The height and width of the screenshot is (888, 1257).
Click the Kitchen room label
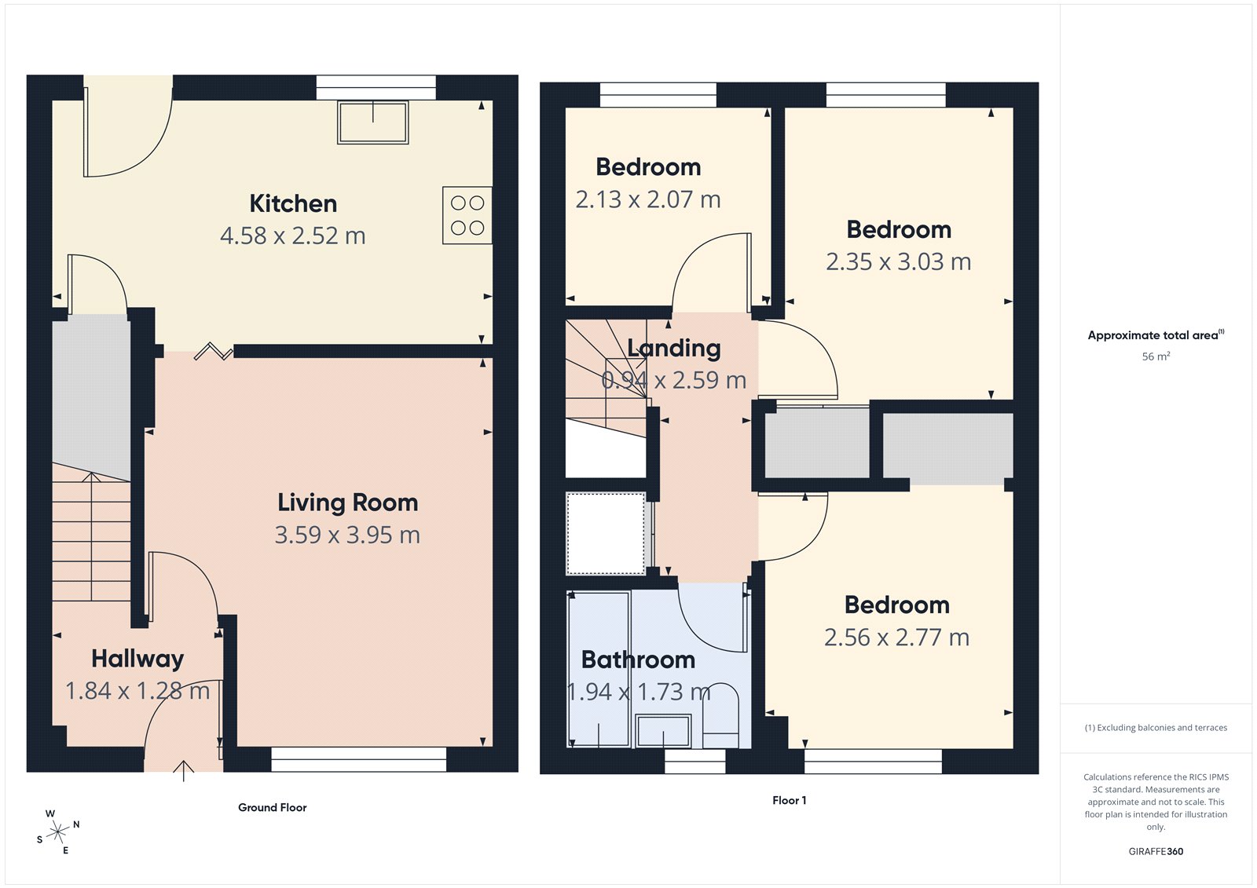(x=293, y=203)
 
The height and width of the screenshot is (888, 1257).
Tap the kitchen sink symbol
(x=372, y=122)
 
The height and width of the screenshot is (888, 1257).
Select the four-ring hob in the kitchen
(x=467, y=215)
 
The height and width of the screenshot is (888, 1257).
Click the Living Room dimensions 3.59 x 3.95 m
(x=347, y=535)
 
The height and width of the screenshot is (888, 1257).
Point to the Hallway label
(x=137, y=658)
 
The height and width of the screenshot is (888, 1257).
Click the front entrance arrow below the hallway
(x=183, y=770)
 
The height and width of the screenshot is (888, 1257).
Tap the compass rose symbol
(x=57, y=831)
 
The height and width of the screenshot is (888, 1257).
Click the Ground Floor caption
(x=272, y=807)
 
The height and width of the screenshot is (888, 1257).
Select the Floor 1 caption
(x=789, y=800)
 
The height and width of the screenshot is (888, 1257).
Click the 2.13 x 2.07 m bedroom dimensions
(x=648, y=199)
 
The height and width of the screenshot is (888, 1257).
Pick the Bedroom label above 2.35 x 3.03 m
(x=899, y=229)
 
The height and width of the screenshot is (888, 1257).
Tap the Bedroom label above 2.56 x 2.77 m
(x=896, y=605)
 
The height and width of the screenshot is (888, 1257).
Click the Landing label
(x=674, y=348)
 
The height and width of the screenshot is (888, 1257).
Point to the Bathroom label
(x=638, y=660)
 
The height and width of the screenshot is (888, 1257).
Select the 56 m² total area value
(x=1156, y=356)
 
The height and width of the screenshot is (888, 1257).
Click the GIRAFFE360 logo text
(x=1156, y=851)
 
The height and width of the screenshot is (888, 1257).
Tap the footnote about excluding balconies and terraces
(x=1156, y=728)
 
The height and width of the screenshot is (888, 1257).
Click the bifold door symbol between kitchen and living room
(x=214, y=352)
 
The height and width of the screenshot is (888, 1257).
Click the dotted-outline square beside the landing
(x=606, y=533)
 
